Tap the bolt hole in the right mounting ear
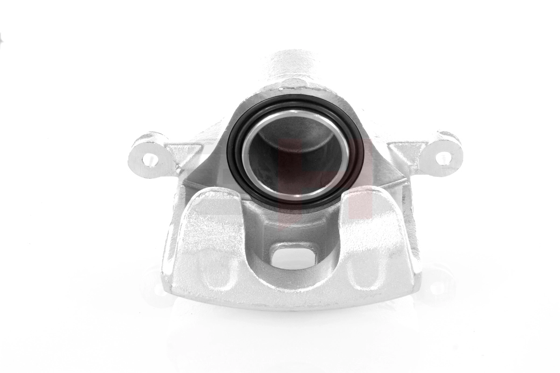[x=443, y=159]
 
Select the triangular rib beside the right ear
[x=407, y=152]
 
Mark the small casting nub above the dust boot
[x=282, y=87]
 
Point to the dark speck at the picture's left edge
[x=1, y=35]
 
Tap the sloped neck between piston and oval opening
[x=292, y=224]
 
